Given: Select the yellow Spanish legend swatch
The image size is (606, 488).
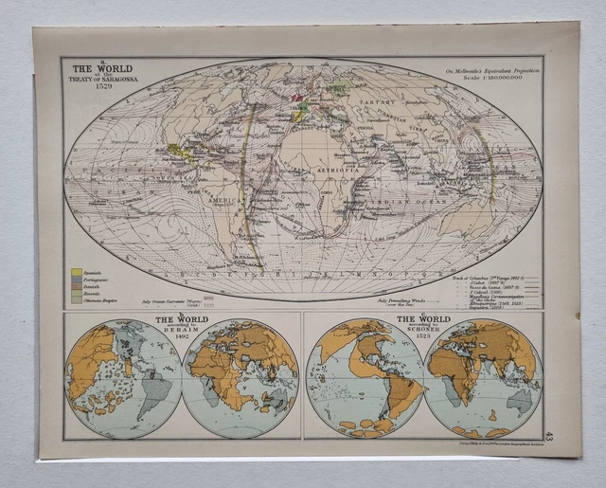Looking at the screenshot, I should pyautogui.click(x=76, y=271).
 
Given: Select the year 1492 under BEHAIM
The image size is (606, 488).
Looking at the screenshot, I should pyautogui.click(x=169, y=342).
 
